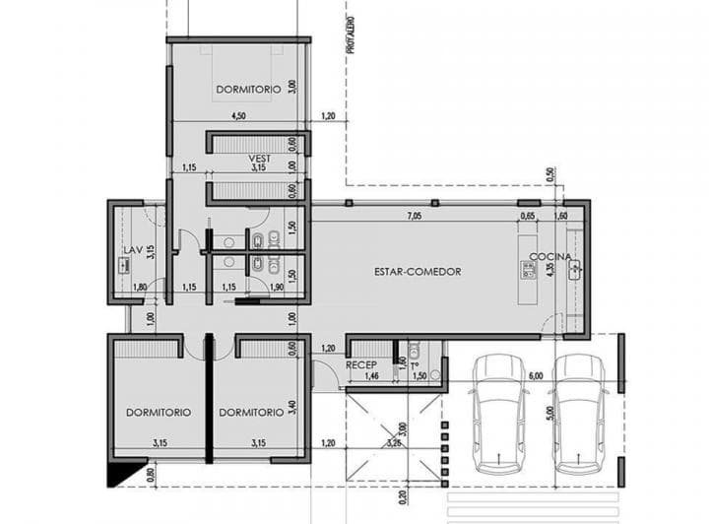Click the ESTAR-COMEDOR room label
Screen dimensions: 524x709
[419, 271]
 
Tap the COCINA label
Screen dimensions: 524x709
[549, 257]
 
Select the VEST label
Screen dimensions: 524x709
[259, 159]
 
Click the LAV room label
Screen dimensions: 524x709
[133, 263]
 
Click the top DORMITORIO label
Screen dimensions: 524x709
[249, 90]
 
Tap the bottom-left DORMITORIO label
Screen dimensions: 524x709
[159, 412]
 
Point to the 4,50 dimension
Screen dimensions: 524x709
[238, 116]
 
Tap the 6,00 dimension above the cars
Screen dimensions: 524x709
[536, 376]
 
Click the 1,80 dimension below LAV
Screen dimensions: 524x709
[140, 287]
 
